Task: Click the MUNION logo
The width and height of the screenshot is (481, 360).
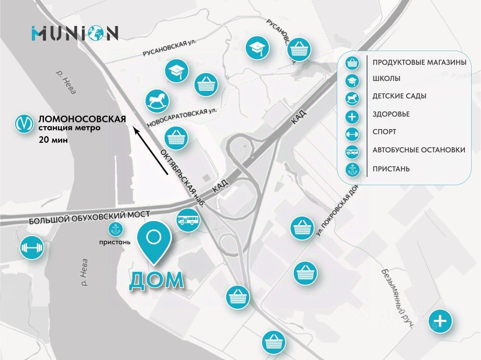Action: [75, 33]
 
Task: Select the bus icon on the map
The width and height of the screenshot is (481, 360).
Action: [188, 220]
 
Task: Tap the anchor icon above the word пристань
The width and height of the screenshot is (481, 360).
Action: [114, 229]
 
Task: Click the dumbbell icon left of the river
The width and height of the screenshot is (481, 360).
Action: [32, 248]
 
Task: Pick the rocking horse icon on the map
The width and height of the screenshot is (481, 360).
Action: [157, 101]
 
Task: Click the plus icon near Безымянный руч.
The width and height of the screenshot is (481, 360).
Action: [440, 321]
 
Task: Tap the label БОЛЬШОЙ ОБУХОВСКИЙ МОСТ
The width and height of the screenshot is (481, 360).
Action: [89, 217]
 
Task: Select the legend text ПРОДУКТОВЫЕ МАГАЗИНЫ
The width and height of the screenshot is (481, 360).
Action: [419, 62]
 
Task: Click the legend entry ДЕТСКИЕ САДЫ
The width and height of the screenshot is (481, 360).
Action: [399, 96]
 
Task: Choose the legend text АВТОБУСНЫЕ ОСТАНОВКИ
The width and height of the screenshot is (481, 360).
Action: [419, 150]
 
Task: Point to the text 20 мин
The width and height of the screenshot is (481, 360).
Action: [53, 140]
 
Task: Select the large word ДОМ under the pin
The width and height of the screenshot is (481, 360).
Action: [157, 280]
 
